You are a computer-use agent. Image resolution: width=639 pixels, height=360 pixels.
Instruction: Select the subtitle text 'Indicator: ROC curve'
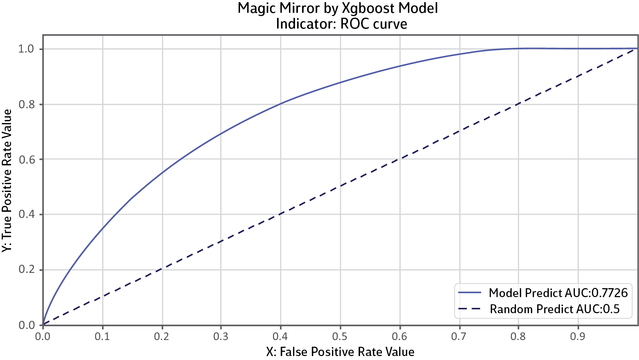click(341, 24)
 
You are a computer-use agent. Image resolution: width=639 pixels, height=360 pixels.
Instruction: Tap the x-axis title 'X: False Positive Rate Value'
click(340, 352)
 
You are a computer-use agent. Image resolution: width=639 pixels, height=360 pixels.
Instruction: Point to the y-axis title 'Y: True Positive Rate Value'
click(7, 181)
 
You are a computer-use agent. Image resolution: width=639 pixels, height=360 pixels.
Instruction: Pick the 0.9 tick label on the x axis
click(577, 336)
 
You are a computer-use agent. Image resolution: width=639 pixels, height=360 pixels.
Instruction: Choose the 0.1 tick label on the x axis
click(102, 336)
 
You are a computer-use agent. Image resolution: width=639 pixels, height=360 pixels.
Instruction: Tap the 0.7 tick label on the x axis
click(459, 336)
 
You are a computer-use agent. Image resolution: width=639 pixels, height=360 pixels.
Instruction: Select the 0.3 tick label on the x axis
click(221, 336)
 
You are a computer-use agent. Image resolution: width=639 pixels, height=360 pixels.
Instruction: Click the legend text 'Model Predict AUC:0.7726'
click(558, 293)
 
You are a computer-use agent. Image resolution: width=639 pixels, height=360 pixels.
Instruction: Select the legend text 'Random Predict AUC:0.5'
click(554, 309)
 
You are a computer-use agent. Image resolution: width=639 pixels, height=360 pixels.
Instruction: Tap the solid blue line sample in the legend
click(470, 293)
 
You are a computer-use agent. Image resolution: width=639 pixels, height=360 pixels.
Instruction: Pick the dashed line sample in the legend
click(470, 309)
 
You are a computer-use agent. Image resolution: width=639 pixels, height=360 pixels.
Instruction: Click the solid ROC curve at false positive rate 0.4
click(281, 104)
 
